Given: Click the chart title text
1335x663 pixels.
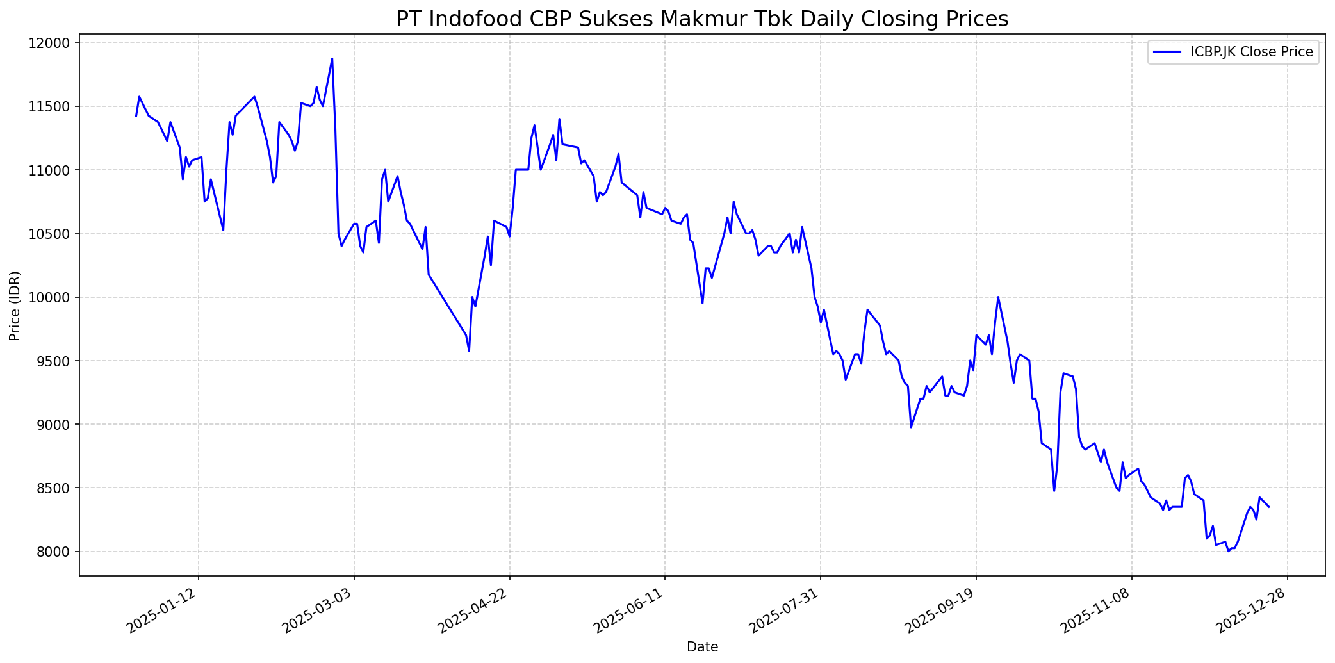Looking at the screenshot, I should click(x=702, y=19).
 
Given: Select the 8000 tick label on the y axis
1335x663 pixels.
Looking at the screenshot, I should click(x=54, y=552).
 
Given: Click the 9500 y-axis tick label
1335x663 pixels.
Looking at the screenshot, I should click(x=54, y=361).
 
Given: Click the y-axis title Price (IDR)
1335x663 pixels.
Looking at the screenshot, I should click(x=15, y=306).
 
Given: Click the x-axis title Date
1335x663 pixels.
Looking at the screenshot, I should click(x=702, y=647).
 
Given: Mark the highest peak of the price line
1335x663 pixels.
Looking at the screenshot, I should click(x=332, y=58).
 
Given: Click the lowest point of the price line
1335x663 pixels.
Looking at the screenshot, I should click(x=1228, y=551).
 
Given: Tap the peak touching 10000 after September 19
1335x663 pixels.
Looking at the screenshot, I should click(x=998, y=297).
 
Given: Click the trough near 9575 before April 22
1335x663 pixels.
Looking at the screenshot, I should click(x=469, y=351).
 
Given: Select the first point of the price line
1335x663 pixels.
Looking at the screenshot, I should click(x=136, y=116).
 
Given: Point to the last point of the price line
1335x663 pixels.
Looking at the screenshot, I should click(x=1269, y=507).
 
